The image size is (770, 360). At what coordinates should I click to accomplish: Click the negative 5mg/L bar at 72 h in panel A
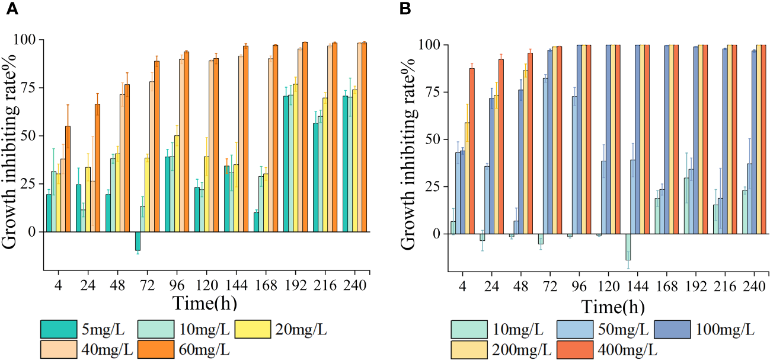[138, 241]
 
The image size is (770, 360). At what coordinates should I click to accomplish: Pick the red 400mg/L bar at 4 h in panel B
[471, 151]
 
